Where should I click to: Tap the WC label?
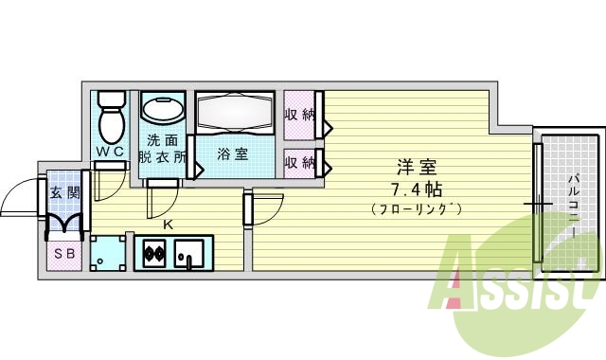click(110, 152)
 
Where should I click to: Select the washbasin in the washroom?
click(164, 111)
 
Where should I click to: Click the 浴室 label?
click(232, 153)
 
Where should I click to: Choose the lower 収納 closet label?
click(299, 162)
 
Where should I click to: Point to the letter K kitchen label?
click(168, 225)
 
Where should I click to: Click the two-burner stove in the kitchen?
click(153, 253)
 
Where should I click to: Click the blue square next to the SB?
click(108, 252)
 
